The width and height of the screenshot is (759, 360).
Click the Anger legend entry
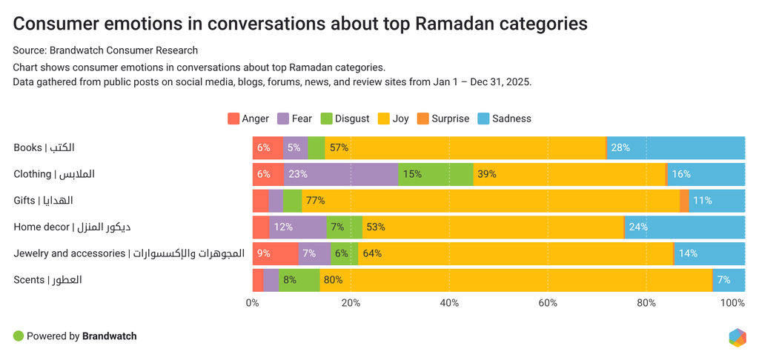pos(248,119)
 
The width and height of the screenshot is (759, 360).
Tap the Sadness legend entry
pos(504,119)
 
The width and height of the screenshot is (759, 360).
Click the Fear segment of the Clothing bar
pos(341,174)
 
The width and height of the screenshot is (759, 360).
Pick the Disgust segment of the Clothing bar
pos(436,174)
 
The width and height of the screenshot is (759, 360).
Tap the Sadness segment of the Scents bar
pos(729,281)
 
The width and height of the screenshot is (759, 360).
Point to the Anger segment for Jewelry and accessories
pos(275,254)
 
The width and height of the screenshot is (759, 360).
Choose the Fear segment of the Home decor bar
pos(298,227)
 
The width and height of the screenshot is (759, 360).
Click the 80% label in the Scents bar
pos(334,281)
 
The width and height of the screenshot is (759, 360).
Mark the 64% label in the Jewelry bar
pos(372,254)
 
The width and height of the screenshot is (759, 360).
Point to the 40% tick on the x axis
pos(449,303)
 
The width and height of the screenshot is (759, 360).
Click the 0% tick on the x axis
pos(253,303)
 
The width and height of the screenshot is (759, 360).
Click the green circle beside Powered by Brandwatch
pos(19,336)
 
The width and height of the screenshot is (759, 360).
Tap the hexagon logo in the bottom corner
pos(738,337)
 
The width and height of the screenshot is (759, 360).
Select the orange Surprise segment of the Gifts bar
pos(684,201)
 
